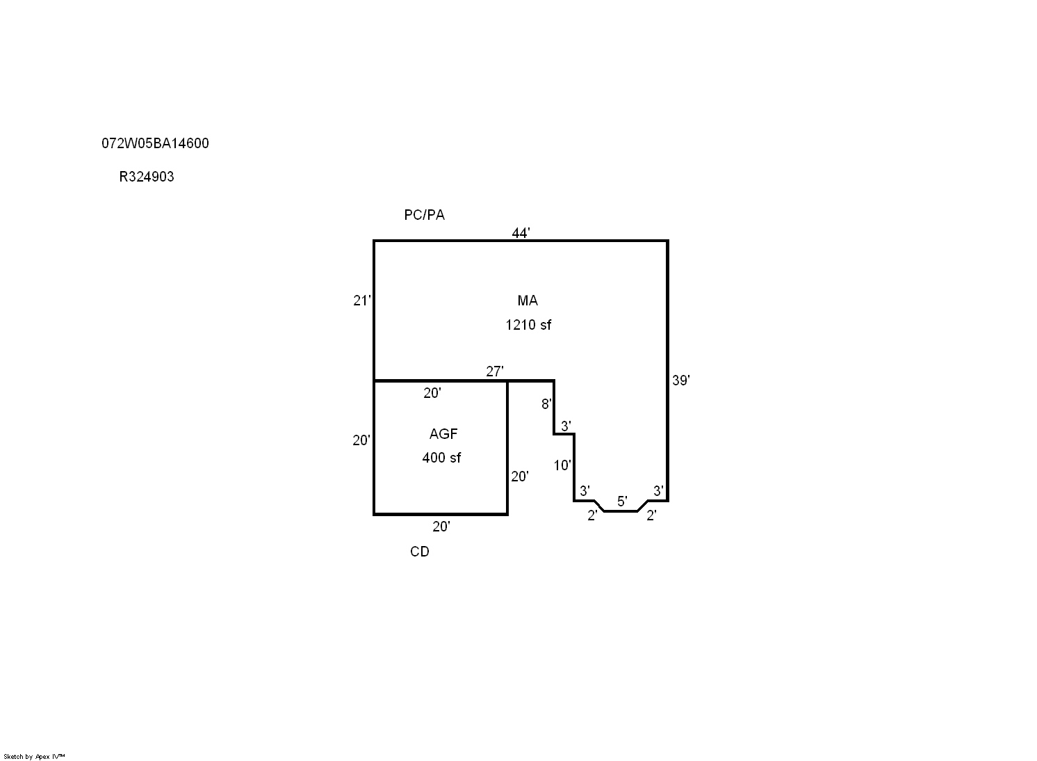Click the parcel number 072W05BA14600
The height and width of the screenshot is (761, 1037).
pos(155,143)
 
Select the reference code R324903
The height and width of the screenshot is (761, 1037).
pos(146,177)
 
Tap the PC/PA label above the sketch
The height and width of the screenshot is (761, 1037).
pos(424,214)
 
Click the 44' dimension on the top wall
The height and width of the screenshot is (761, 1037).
pos(521,232)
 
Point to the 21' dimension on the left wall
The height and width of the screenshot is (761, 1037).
pos(362,301)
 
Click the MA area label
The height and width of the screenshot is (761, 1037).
pos(528,301)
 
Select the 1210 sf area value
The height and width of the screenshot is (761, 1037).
pos(528,325)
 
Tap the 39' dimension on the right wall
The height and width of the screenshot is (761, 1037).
pos(681,380)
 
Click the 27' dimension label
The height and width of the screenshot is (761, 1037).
pos(495,371)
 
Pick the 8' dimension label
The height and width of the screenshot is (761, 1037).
pos(547,404)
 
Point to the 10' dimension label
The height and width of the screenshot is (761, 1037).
pos(562,465)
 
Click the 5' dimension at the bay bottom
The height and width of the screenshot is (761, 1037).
pos(622,501)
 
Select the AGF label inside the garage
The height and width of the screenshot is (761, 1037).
pos(443,434)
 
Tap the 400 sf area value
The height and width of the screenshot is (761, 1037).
pos(441,458)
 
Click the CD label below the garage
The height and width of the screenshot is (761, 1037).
pos(419,552)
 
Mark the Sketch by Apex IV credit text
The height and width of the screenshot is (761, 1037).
pos(34,756)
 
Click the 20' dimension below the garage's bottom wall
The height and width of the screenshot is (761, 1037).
pos(441,527)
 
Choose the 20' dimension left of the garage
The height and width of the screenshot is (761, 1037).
pos(361,440)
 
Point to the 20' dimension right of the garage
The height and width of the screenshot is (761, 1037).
pos(520,476)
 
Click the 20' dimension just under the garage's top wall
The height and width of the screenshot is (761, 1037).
pos(432,393)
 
